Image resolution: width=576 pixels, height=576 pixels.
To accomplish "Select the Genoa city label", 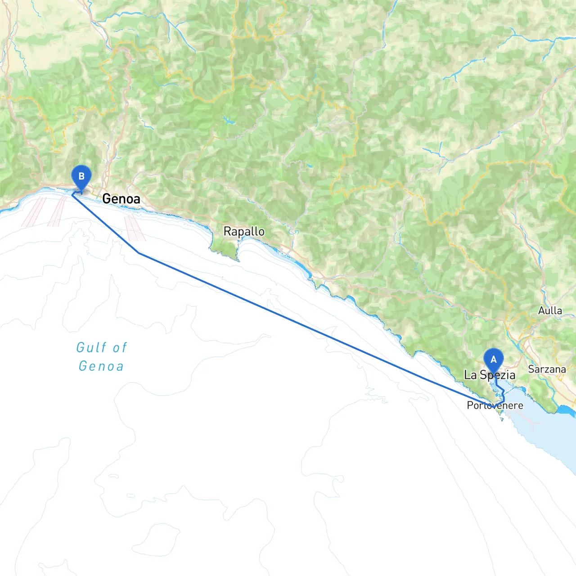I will (121, 198).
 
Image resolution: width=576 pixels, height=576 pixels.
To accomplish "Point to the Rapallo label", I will (244, 232).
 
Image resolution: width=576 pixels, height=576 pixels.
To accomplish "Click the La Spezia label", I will (490, 375).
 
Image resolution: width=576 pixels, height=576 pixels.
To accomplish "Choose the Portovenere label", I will (495, 405).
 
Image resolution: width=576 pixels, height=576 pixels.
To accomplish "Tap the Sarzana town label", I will (547, 369).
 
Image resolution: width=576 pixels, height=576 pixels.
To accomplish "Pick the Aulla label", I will (550, 310).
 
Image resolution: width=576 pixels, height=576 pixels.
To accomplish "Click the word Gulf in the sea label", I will (91, 347).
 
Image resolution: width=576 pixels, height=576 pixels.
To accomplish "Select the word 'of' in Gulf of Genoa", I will (120, 347).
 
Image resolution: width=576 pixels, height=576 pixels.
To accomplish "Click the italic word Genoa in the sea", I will (101, 366).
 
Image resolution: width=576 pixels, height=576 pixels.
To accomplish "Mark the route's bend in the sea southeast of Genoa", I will (139, 253).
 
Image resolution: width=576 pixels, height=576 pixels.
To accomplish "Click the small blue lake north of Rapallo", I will (229, 121).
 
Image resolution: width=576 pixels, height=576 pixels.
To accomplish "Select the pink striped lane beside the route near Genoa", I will (134, 229).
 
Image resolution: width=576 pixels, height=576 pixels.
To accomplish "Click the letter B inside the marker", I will (81, 176).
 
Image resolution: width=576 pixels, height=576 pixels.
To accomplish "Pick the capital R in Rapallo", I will (227, 232).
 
